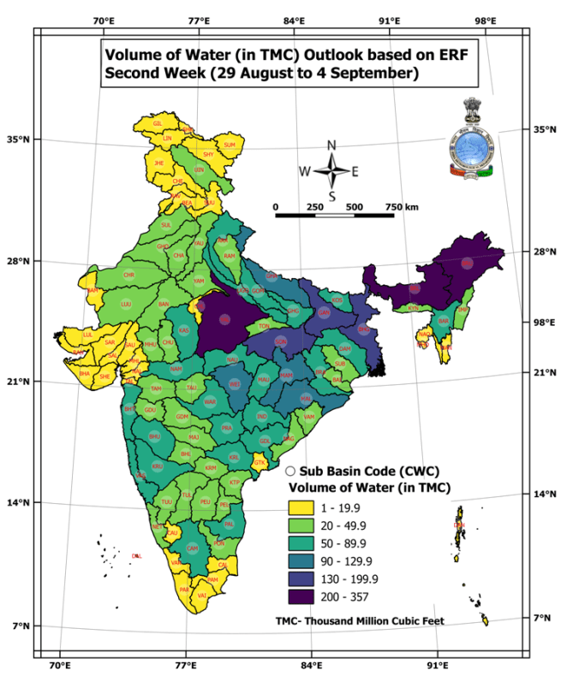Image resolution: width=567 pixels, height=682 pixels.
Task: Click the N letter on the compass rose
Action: (331, 145)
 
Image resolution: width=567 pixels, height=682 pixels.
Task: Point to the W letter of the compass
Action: (304, 171)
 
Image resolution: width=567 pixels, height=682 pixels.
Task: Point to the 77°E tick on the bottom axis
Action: (186, 664)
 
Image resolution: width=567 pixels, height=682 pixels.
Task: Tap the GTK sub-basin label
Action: (261, 463)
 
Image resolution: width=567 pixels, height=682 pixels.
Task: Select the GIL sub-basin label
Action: (158, 123)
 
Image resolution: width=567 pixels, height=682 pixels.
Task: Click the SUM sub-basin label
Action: (230, 145)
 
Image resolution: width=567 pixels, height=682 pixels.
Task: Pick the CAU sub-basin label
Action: (172, 532)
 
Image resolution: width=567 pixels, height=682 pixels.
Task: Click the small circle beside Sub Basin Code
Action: (290, 471)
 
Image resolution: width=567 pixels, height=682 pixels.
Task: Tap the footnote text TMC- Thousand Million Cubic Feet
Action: (360, 620)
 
